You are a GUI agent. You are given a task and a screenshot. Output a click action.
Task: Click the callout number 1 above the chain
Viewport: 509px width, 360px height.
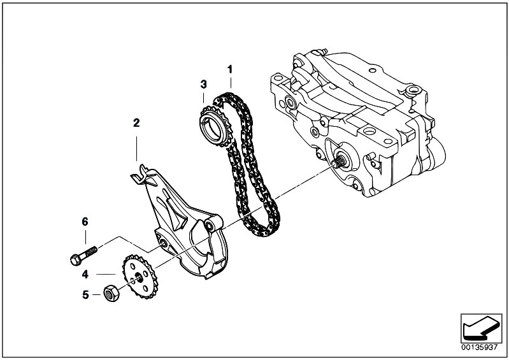[x=230, y=69]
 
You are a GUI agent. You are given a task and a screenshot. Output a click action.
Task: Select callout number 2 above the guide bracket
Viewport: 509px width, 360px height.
[x=136, y=123]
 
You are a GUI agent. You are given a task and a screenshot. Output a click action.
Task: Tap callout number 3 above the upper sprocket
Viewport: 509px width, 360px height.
[x=203, y=84]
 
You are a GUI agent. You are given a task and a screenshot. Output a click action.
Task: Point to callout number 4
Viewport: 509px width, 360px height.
[x=85, y=275]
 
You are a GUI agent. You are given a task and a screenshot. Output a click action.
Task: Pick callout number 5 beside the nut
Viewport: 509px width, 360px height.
[x=85, y=295]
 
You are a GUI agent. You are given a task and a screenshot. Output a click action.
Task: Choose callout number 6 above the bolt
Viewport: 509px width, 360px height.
[x=85, y=222]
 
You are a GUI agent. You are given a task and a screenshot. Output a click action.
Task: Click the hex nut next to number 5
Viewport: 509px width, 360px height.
[x=111, y=293]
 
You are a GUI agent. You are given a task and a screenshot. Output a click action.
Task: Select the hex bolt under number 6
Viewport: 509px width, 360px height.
[x=83, y=256]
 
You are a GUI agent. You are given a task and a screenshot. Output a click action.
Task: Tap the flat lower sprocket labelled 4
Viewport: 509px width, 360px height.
[x=140, y=277]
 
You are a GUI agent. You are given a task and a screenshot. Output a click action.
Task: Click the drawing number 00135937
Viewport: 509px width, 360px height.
[x=480, y=347]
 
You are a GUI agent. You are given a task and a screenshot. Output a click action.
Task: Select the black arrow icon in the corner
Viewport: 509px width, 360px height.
[x=480, y=328]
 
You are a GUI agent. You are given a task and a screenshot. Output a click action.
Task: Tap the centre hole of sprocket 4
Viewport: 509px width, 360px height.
[x=139, y=277]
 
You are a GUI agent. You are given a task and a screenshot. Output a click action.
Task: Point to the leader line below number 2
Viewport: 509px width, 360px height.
[x=137, y=148]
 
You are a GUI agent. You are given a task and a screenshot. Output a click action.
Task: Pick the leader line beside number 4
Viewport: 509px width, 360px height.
[x=106, y=275]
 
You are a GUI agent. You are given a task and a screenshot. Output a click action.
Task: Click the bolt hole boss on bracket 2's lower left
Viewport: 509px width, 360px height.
[x=162, y=243]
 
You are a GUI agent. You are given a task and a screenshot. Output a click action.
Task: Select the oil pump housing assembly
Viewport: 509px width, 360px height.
[x=358, y=124]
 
